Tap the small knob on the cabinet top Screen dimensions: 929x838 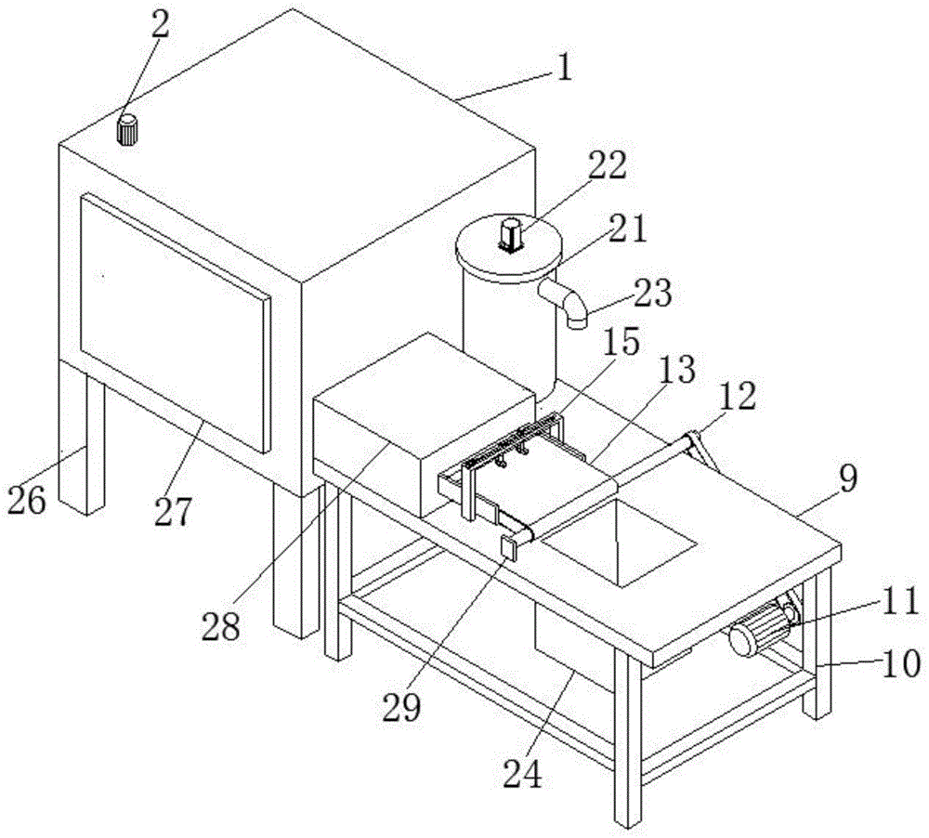[x=127, y=130]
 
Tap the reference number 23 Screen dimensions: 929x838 [x=652, y=294]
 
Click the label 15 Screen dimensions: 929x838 [x=622, y=342]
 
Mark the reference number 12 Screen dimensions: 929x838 [x=738, y=396]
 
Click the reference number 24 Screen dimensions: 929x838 [x=523, y=774]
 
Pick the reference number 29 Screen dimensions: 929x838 [x=401, y=707]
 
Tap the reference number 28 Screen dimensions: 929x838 [x=221, y=626]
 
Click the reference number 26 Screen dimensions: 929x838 [x=27, y=501]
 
